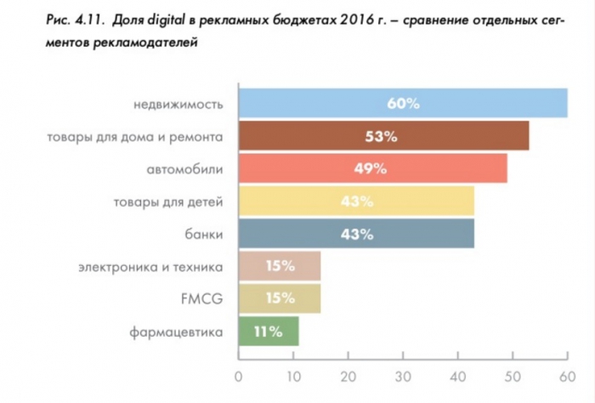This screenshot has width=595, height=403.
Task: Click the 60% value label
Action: click(403, 103)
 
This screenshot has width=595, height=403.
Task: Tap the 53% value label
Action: click(383, 136)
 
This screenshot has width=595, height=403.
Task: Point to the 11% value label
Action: click(269, 332)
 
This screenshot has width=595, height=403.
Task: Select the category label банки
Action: click(204, 234)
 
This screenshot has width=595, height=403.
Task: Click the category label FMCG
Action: click(203, 299)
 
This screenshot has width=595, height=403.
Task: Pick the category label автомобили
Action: click(184, 169)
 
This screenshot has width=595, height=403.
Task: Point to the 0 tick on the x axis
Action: click(239, 374)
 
